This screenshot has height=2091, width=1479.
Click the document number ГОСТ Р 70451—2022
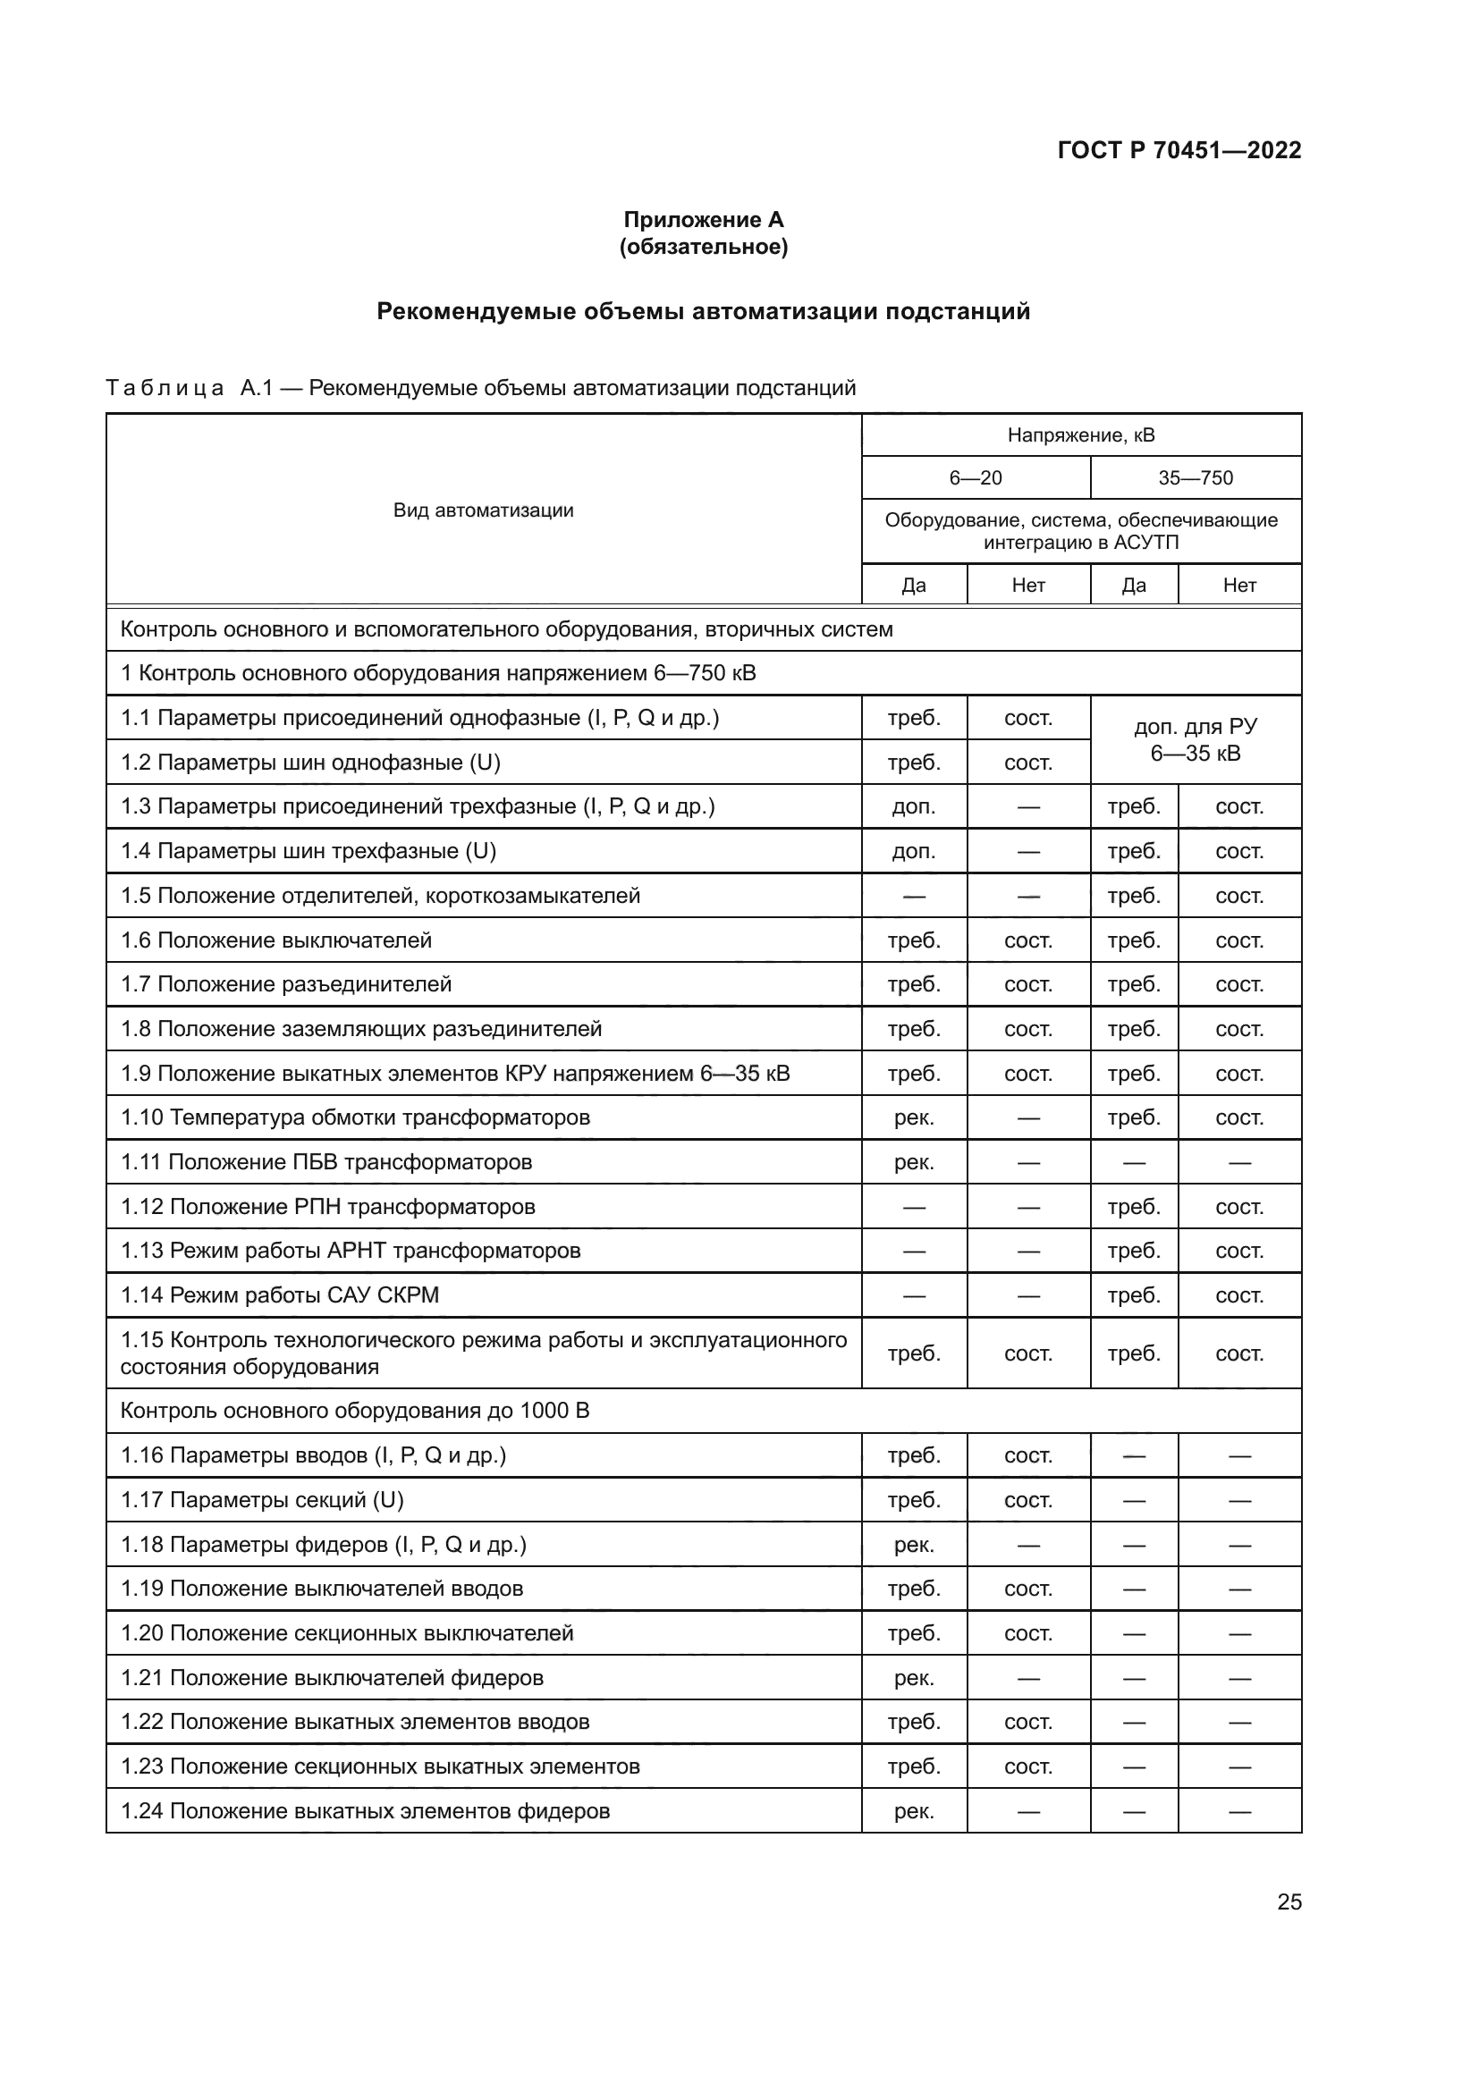point(1179,150)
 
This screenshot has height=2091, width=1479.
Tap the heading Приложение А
point(703,220)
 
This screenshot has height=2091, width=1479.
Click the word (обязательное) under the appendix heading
point(703,247)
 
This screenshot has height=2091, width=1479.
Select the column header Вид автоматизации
point(483,510)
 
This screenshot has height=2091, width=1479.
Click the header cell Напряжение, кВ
point(1080,435)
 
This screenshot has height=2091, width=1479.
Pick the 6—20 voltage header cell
point(976,478)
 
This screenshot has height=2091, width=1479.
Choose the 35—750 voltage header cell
point(1195,478)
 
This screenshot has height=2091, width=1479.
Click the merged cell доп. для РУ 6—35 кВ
point(1195,739)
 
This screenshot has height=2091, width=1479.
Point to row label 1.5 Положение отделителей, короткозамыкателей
point(380,895)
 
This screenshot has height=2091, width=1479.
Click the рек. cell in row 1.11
point(914,1162)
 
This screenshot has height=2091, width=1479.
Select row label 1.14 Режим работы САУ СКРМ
point(280,1295)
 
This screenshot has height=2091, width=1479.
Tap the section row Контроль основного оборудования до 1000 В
point(354,1411)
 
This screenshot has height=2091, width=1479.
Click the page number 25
point(1289,1901)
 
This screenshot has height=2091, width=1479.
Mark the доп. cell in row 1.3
point(914,807)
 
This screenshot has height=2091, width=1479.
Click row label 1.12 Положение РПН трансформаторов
point(328,1207)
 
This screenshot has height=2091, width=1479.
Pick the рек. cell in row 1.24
point(914,1811)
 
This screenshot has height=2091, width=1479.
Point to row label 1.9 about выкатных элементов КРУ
point(454,1074)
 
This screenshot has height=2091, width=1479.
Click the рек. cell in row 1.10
point(914,1117)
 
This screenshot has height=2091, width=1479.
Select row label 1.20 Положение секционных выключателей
point(347,1633)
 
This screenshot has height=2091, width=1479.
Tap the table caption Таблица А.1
point(480,388)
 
